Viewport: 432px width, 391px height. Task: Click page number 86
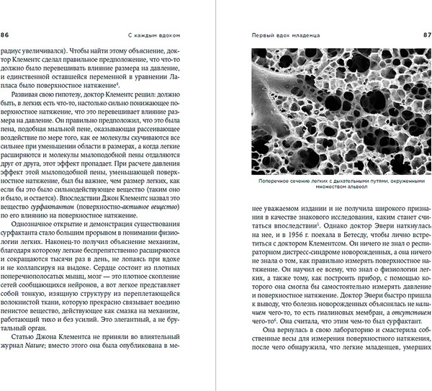pos(6,33)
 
